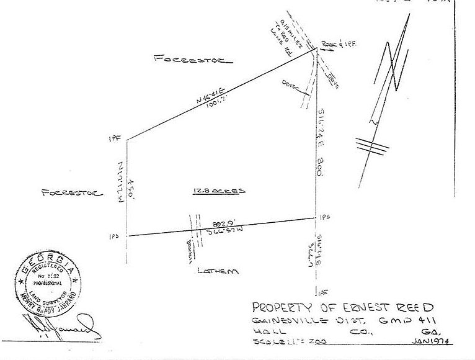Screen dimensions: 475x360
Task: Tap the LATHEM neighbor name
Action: [x=218, y=271]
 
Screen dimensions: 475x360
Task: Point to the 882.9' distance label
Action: [x=222, y=222]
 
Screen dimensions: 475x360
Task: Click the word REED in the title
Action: [x=412, y=307]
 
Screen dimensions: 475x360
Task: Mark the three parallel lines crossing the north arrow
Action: [x=372, y=145]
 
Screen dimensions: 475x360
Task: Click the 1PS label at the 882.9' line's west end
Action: [x=114, y=236]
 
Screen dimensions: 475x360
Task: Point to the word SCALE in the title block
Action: [x=267, y=343]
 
